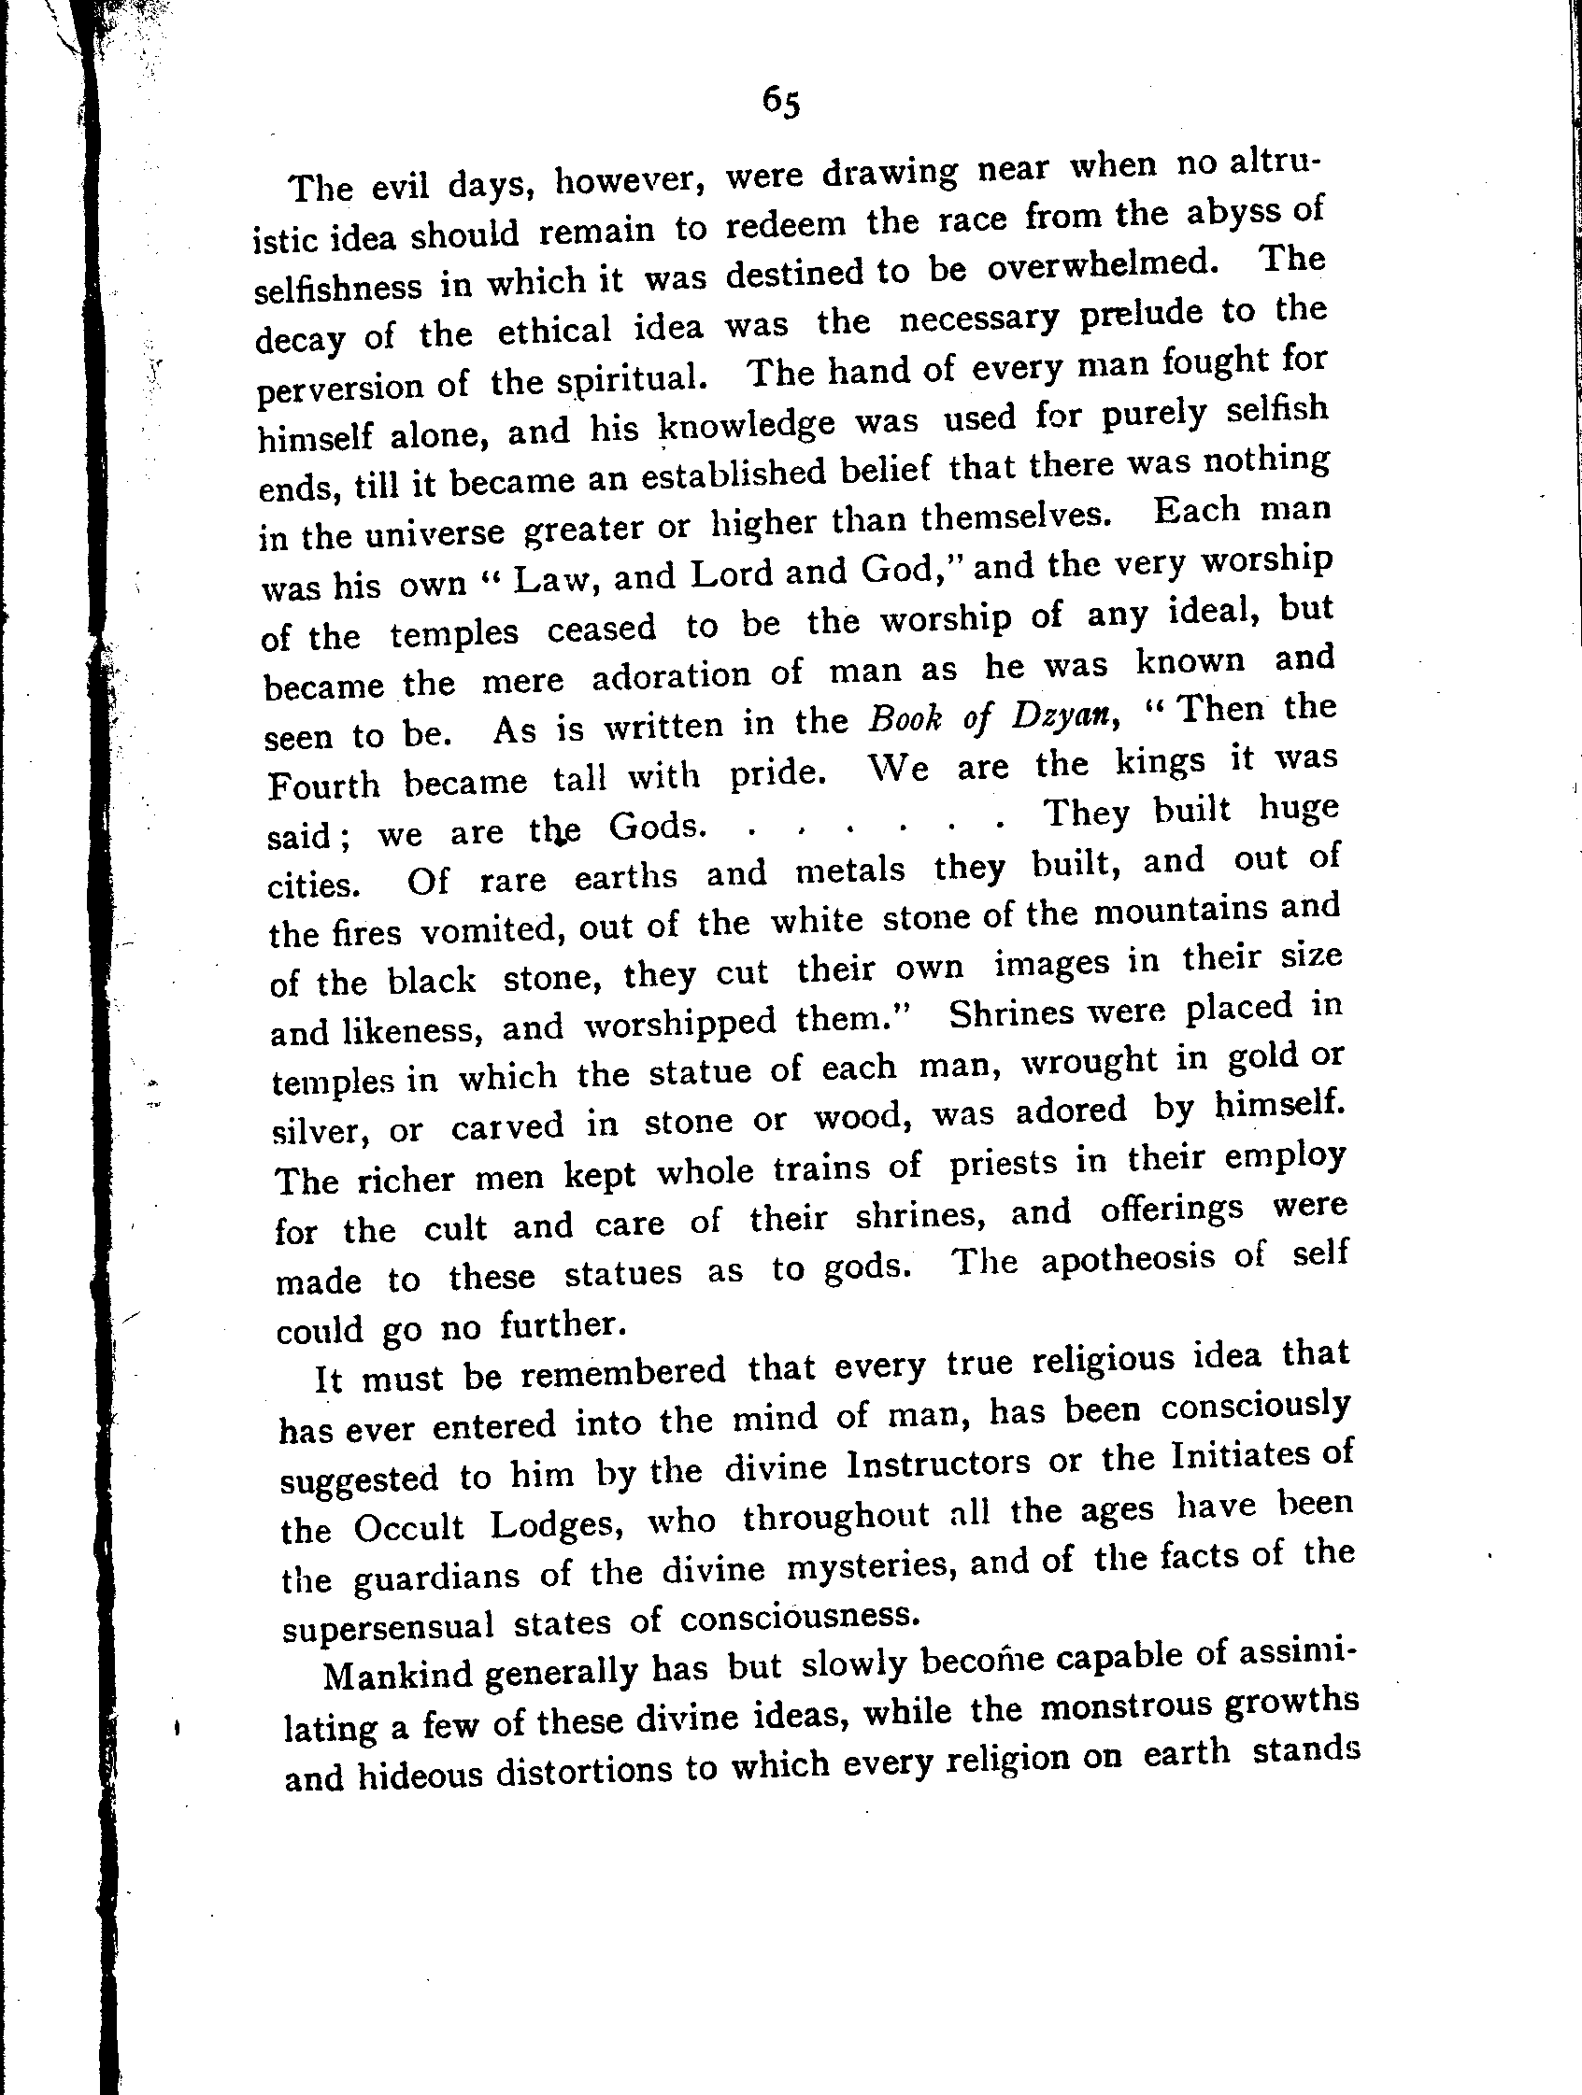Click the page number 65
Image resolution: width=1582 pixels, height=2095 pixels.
781,100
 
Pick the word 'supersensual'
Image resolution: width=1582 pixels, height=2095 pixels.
389,1625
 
